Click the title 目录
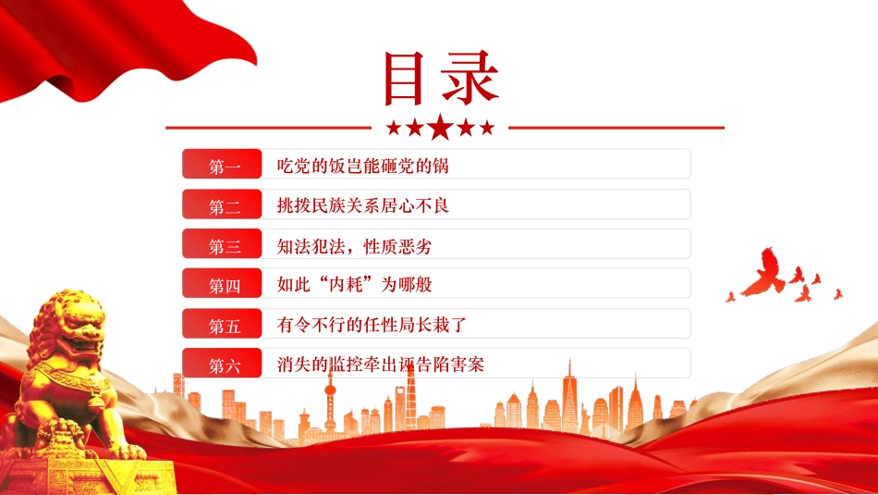441,79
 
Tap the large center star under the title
441,128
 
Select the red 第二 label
224,204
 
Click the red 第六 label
224,364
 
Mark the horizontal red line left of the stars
268,127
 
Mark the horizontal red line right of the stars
616,127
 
